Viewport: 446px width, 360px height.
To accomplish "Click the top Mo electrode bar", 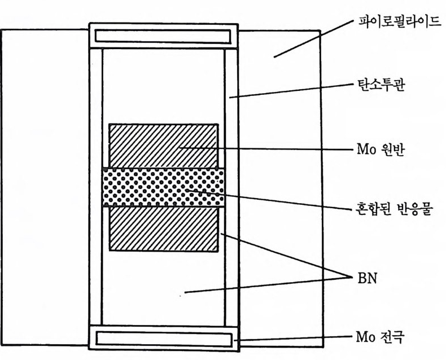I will tap(163, 36).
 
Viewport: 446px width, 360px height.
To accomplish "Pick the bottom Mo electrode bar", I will tap(163, 338).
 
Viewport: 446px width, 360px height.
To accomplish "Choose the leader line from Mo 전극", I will tap(294, 339).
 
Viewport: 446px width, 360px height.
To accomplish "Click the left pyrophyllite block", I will tap(45, 186).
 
